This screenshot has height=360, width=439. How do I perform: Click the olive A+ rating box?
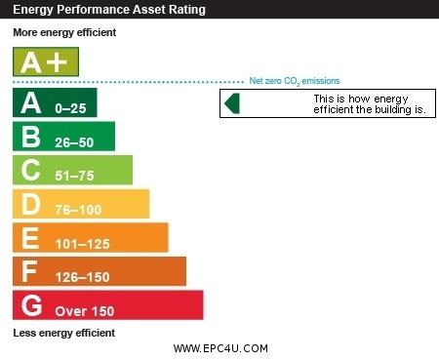point(46,61)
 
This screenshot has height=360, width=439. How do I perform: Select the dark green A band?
point(55,102)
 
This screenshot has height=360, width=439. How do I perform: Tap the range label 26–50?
point(74,142)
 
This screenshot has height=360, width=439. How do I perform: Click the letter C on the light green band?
point(30,170)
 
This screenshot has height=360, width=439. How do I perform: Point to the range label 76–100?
point(78,210)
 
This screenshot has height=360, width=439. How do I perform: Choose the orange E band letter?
point(30,238)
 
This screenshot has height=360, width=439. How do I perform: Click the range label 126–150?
point(82,277)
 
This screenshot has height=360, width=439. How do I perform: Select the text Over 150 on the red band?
point(85,311)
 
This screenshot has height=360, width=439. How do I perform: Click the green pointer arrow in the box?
point(232,103)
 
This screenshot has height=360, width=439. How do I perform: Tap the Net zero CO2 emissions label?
point(295,81)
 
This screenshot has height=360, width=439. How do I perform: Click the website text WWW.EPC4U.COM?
point(220,348)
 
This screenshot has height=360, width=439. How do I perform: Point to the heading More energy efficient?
point(64,32)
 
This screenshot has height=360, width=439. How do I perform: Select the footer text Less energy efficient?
point(64,333)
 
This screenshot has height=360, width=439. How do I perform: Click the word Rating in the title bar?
point(187,10)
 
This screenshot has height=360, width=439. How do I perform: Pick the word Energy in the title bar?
point(33,10)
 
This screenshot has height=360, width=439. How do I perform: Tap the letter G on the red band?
point(31,305)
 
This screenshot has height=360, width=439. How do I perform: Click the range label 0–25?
point(70,108)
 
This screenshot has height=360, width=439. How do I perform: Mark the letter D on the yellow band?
point(31,204)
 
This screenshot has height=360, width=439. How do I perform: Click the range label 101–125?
point(82,244)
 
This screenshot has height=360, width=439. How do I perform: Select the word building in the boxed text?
point(393,109)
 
